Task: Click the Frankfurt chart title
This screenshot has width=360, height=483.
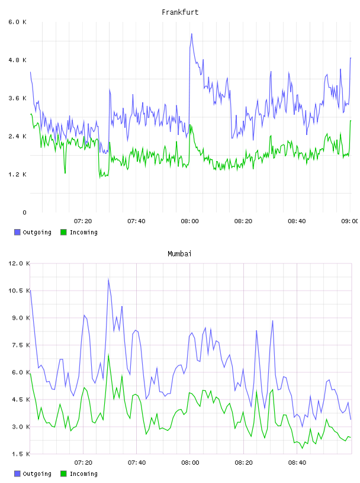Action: click(180, 12)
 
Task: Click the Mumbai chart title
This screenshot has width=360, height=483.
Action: click(179, 253)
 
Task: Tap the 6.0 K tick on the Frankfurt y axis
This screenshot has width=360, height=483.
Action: click(18, 22)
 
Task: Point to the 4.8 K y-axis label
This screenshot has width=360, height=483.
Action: click(18, 60)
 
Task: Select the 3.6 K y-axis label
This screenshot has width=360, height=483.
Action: click(18, 98)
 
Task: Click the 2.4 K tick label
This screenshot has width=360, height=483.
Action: click(18, 137)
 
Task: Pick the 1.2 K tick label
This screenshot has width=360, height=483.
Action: click(18, 175)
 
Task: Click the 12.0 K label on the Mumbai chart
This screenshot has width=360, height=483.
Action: click(19, 263)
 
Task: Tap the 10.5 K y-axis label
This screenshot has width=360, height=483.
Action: click(19, 291)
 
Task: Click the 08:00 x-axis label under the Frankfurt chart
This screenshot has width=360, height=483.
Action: click(190, 221)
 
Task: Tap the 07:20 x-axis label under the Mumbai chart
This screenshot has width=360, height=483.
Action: click(83, 463)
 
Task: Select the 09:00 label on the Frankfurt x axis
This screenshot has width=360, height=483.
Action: click(349, 221)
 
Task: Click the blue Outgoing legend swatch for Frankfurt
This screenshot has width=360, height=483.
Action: click(17, 232)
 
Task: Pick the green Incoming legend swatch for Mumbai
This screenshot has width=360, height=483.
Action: click(63, 474)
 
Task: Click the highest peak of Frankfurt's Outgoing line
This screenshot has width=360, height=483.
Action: click(192, 34)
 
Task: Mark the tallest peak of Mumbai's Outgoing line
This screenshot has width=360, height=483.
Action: click(108, 279)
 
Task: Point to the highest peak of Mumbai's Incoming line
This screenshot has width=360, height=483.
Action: click(108, 355)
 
